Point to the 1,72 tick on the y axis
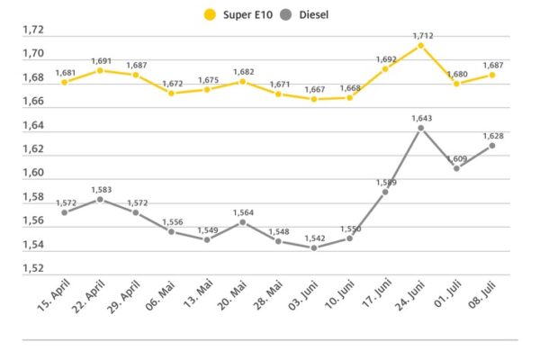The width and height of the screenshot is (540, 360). [33, 31]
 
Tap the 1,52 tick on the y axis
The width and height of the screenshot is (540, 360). [33, 268]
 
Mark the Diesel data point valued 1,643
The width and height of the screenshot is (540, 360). [421, 128]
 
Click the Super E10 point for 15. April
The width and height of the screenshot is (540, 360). [65, 82]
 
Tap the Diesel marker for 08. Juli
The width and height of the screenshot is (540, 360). [492, 146]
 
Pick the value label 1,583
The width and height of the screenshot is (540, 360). [101, 189]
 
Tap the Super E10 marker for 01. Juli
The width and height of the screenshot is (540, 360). [457, 84]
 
